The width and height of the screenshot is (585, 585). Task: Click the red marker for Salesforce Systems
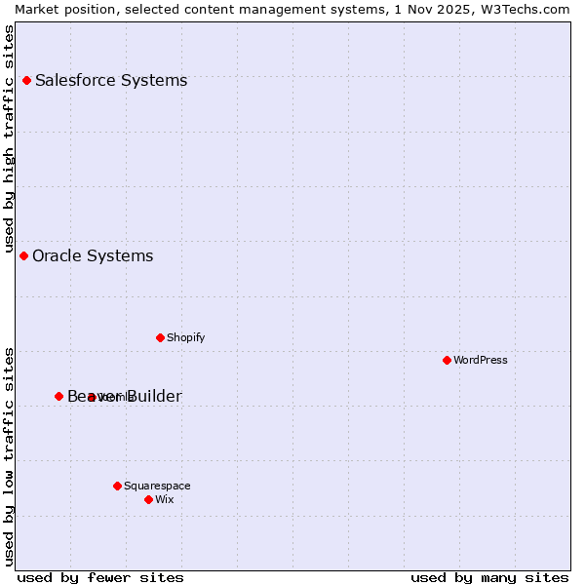point(26,80)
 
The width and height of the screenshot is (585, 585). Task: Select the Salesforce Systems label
point(110,80)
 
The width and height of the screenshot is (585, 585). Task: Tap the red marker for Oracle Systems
point(23,255)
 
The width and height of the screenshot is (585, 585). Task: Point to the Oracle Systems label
point(93,255)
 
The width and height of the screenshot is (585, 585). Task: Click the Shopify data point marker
point(160,337)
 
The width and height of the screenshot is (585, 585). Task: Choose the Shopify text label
point(185,337)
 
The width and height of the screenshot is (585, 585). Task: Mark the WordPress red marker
point(447,360)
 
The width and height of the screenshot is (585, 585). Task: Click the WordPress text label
point(480,360)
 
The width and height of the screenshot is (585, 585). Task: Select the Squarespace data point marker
point(117,486)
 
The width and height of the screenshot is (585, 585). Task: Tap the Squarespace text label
point(157,486)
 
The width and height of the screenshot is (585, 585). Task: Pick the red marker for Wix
point(148,499)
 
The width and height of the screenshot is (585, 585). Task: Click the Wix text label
point(164,499)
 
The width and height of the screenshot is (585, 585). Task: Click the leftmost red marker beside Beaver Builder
point(58,396)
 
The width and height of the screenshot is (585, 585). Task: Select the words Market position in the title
point(59,9)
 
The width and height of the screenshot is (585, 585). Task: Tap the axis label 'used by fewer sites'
point(100,577)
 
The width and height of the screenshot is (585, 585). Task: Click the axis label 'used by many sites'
point(489,577)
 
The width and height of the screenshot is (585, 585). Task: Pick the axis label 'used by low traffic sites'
point(9,455)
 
